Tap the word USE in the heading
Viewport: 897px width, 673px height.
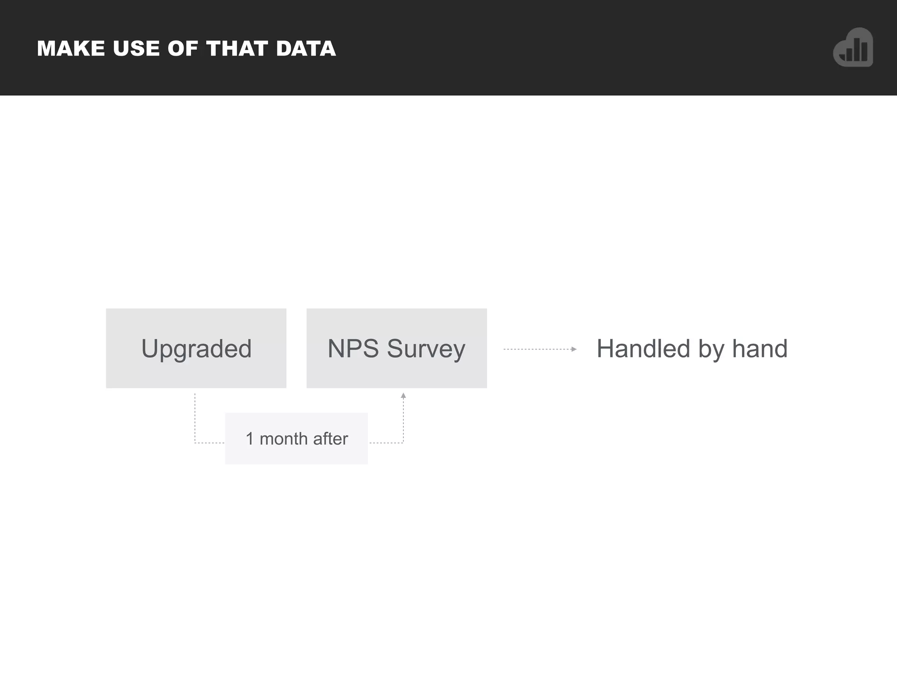[x=136, y=49]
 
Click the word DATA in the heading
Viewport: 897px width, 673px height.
[x=306, y=49]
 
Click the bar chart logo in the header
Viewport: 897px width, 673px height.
[x=853, y=48]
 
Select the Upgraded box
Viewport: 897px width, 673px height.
[x=196, y=348]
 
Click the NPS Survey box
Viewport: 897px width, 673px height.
[x=396, y=348]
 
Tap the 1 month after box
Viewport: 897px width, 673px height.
[x=296, y=438]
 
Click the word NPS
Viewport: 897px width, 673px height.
[x=353, y=349]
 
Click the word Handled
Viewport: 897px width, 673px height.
[x=643, y=349]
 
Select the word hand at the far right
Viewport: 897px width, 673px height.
[x=760, y=349]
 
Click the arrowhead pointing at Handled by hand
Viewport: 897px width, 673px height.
[x=574, y=349]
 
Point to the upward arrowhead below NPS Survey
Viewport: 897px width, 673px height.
[x=403, y=396]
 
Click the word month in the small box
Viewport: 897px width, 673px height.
[x=283, y=439]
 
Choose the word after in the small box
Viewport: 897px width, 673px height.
[x=330, y=439]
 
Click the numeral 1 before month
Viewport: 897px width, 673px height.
[x=250, y=439]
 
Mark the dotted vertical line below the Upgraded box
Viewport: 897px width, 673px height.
[x=195, y=416]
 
